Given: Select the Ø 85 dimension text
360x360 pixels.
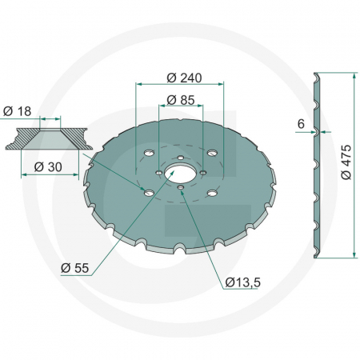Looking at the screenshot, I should point(181,100).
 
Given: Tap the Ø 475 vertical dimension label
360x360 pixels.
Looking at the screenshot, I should point(346,165).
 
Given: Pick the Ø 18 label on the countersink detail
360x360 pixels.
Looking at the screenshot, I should point(17,111).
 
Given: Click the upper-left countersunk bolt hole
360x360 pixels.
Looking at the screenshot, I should point(149,153).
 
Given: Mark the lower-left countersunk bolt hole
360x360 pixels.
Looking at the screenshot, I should point(146,190).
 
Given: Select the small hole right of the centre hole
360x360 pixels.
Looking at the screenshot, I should point(203,172).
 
